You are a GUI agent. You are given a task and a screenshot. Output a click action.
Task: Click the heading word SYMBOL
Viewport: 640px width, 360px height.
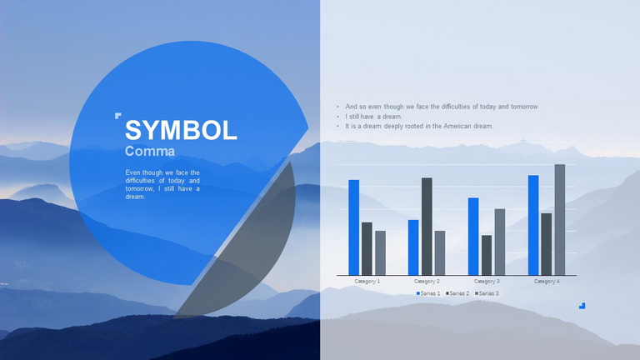point(181,130)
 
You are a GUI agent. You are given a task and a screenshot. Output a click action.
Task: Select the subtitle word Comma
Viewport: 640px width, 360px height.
point(150,151)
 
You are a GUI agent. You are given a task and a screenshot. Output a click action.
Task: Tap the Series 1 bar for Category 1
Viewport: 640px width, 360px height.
point(354,227)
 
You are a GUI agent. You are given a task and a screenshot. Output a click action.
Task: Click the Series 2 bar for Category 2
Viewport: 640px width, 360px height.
point(427,226)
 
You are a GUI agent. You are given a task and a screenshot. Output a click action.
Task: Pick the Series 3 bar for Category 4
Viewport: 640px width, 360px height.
point(560,220)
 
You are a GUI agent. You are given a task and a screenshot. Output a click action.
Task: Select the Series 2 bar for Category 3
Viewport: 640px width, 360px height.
point(487,255)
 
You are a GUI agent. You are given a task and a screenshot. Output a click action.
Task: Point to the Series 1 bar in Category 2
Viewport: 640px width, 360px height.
point(413,247)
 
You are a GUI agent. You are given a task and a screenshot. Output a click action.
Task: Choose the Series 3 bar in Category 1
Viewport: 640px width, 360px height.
point(380,253)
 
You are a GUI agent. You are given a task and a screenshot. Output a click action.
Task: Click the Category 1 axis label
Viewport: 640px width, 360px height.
point(367,281)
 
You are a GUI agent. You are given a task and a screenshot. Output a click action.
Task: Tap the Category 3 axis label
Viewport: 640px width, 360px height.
point(487,281)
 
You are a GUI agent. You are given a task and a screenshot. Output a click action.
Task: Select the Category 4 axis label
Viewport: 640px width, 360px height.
point(547,281)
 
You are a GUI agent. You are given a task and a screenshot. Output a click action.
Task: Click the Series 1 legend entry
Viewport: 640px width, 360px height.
point(428,293)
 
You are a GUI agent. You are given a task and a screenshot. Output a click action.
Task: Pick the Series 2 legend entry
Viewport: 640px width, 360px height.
point(457,293)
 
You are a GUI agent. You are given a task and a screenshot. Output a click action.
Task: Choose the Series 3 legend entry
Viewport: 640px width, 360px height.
point(487,293)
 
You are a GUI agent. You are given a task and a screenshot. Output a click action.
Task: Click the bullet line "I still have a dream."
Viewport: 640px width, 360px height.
point(373,117)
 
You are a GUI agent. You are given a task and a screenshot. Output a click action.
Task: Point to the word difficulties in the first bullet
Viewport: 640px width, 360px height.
point(451,107)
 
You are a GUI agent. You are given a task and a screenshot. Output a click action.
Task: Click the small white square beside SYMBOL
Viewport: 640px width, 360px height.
point(118,116)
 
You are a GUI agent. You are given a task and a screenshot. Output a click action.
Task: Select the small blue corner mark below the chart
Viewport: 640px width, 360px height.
point(582,306)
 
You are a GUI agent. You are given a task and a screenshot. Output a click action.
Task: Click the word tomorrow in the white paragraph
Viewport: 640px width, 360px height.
point(140,188)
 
